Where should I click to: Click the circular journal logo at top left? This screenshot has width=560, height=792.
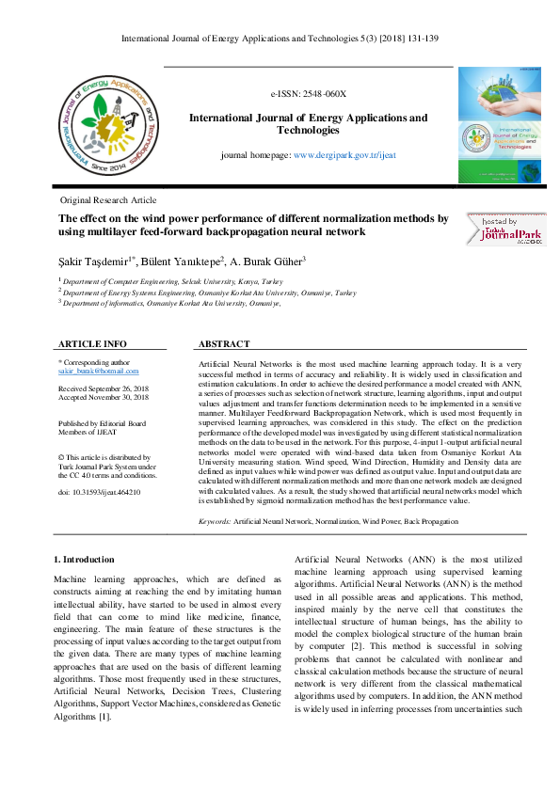tap(104, 126)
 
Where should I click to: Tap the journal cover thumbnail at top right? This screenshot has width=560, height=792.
tap(500, 125)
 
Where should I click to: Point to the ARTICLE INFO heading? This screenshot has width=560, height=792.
tap(92, 344)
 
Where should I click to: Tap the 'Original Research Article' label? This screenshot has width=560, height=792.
tap(108, 201)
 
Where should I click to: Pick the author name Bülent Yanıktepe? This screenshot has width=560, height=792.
tap(184, 261)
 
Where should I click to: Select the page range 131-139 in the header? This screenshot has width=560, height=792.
tap(422, 40)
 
